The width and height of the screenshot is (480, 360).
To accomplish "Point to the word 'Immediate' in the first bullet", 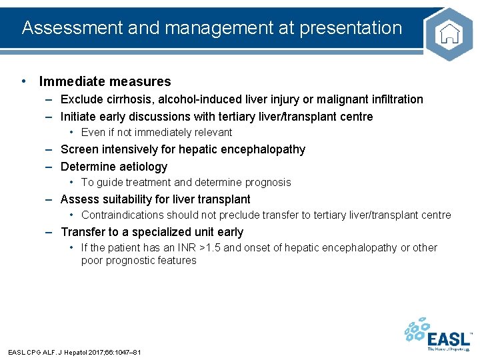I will pyautogui.click(x=69, y=82).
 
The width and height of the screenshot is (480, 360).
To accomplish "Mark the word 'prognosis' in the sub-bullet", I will pyautogui.click(x=268, y=182).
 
